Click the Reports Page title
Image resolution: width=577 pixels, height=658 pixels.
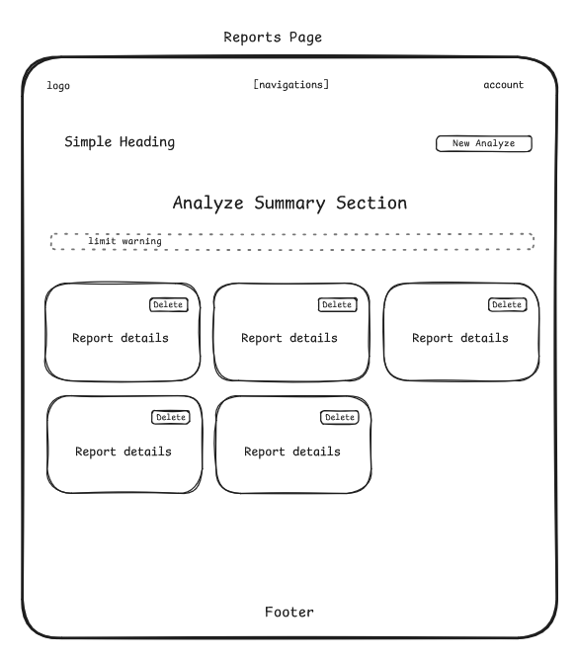273,38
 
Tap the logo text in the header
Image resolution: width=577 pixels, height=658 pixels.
58,86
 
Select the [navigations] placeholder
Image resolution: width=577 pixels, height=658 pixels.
290,85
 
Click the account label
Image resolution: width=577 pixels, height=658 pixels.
504,85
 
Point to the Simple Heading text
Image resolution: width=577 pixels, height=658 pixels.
120,142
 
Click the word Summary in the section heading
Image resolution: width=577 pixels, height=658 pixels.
289,204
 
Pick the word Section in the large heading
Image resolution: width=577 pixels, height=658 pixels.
371,203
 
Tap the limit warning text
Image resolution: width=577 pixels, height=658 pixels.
124,241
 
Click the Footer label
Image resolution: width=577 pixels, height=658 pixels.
289,612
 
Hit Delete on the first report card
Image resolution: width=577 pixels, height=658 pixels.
169,304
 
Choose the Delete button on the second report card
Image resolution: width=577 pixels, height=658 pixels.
337,304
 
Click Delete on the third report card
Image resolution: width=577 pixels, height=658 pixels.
507,304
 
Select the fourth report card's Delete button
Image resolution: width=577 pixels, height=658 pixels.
171,417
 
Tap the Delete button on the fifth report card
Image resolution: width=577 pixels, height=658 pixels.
340,417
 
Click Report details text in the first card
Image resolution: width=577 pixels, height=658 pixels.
121,338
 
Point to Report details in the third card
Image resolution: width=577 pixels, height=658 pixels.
460,338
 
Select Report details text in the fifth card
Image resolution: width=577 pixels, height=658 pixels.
292,452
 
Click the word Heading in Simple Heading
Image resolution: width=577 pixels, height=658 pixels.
147,142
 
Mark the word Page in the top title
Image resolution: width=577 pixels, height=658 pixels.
305,38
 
